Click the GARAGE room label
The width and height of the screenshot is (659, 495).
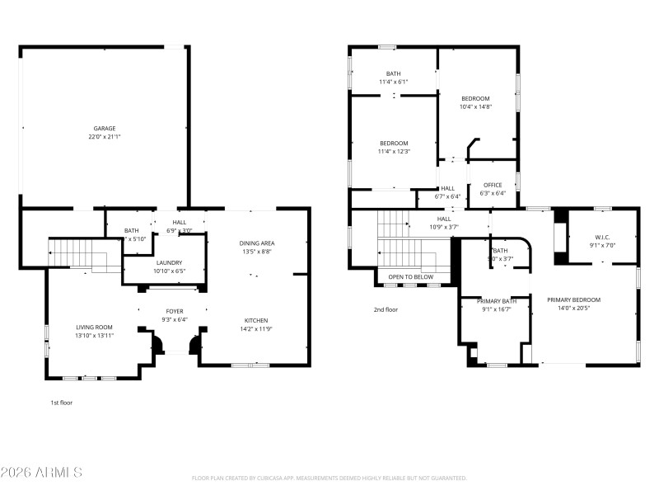[x=104, y=128]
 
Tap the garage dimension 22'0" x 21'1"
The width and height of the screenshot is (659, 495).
[x=104, y=136]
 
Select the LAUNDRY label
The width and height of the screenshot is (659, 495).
[x=169, y=262]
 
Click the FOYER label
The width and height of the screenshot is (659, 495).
[x=175, y=311]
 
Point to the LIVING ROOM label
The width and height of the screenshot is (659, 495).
[x=94, y=328]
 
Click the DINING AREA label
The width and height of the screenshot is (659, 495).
[x=257, y=243]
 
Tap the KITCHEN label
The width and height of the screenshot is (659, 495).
[x=256, y=320]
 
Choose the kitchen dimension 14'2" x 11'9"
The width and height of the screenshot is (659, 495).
[x=256, y=328]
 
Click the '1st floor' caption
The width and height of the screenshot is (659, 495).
[x=62, y=403]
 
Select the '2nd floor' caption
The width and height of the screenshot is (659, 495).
[x=386, y=309]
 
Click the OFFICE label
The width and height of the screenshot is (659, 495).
[x=493, y=185]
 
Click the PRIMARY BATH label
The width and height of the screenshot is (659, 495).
[x=498, y=301]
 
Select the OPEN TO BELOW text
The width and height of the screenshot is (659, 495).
[x=411, y=276]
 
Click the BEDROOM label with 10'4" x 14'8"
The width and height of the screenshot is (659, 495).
[x=475, y=98]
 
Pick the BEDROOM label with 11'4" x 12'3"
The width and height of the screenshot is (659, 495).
[x=394, y=143]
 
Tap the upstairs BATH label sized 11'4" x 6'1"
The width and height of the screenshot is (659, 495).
[x=394, y=73]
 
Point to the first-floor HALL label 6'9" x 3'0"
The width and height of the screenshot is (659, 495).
[x=180, y=223]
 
